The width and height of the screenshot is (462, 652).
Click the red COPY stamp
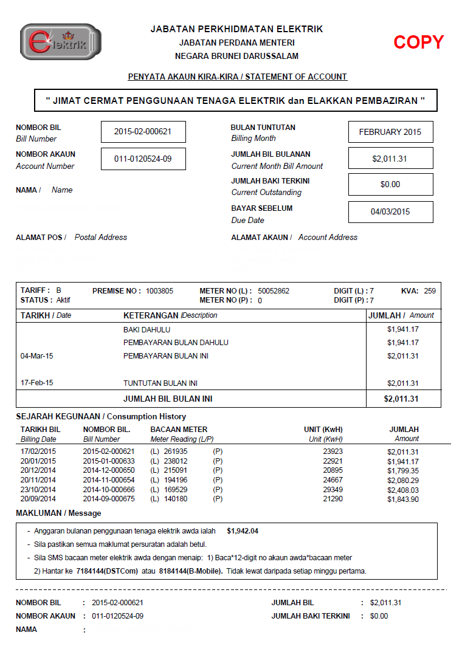(418, 42)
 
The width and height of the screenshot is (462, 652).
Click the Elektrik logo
(61, 42)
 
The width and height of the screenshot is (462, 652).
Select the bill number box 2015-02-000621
(143, 132)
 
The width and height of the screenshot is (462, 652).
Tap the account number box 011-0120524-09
(143, 159)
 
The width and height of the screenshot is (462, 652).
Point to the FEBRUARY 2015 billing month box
(390, 132)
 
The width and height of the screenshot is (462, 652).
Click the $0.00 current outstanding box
(390, 184)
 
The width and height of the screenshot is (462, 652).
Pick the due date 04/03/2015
(390, 212)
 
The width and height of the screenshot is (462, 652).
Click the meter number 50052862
(274, 291)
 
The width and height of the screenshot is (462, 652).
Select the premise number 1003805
(159, 291)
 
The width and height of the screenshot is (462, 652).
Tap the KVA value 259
(430, 291)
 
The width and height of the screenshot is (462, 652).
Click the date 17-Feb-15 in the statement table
(37, 383)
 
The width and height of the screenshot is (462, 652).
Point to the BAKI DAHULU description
(147, 330)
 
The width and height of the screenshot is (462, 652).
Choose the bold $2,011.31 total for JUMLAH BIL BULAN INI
(401, 399)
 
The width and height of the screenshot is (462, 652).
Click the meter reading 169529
(176, 490)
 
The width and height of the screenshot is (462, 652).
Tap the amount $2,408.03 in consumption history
(402, 490)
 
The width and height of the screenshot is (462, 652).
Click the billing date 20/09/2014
(38, 499)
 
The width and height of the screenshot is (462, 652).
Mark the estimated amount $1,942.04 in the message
(243, 531)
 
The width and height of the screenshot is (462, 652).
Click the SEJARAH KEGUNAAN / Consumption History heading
(101, 417)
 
